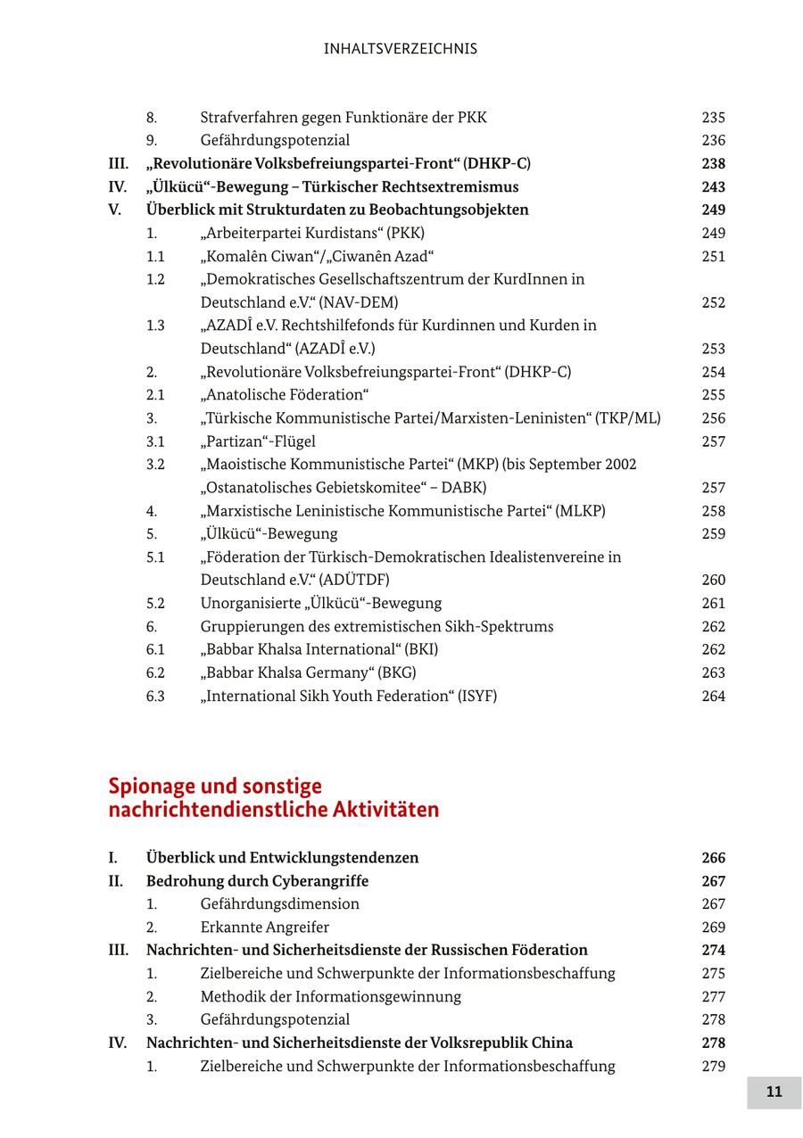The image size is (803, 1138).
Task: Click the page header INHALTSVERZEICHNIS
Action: pyautogui.click(x=401, y=49)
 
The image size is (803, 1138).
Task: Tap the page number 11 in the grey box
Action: pyautogui.click(x=774, y=1092)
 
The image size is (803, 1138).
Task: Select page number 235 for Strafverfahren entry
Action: pyautogui.click(x=713, y=117)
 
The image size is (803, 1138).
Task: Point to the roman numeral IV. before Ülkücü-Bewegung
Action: pyautogui.click(x=118, y=186)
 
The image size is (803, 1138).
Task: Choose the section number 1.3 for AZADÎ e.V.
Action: pyautogui.click(x=155, y=326)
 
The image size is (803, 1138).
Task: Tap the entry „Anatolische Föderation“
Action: pyautogui.click(x=285, y=395)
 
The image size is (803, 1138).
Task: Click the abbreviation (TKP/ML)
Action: pyautogui.click(x=630, y=418)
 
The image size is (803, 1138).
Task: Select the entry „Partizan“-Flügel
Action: pyautogui.click(x=258, y=441)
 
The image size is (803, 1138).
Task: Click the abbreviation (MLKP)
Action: pyautogui.click(x=580, y=511)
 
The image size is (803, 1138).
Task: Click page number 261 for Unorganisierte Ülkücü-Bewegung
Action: pyautogui.click(x=713, y=604)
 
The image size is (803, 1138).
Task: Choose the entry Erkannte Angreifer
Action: pyautogui.click(x=264, y=928)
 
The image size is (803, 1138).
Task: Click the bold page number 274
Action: pyautogui.click(x=713, y=951)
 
